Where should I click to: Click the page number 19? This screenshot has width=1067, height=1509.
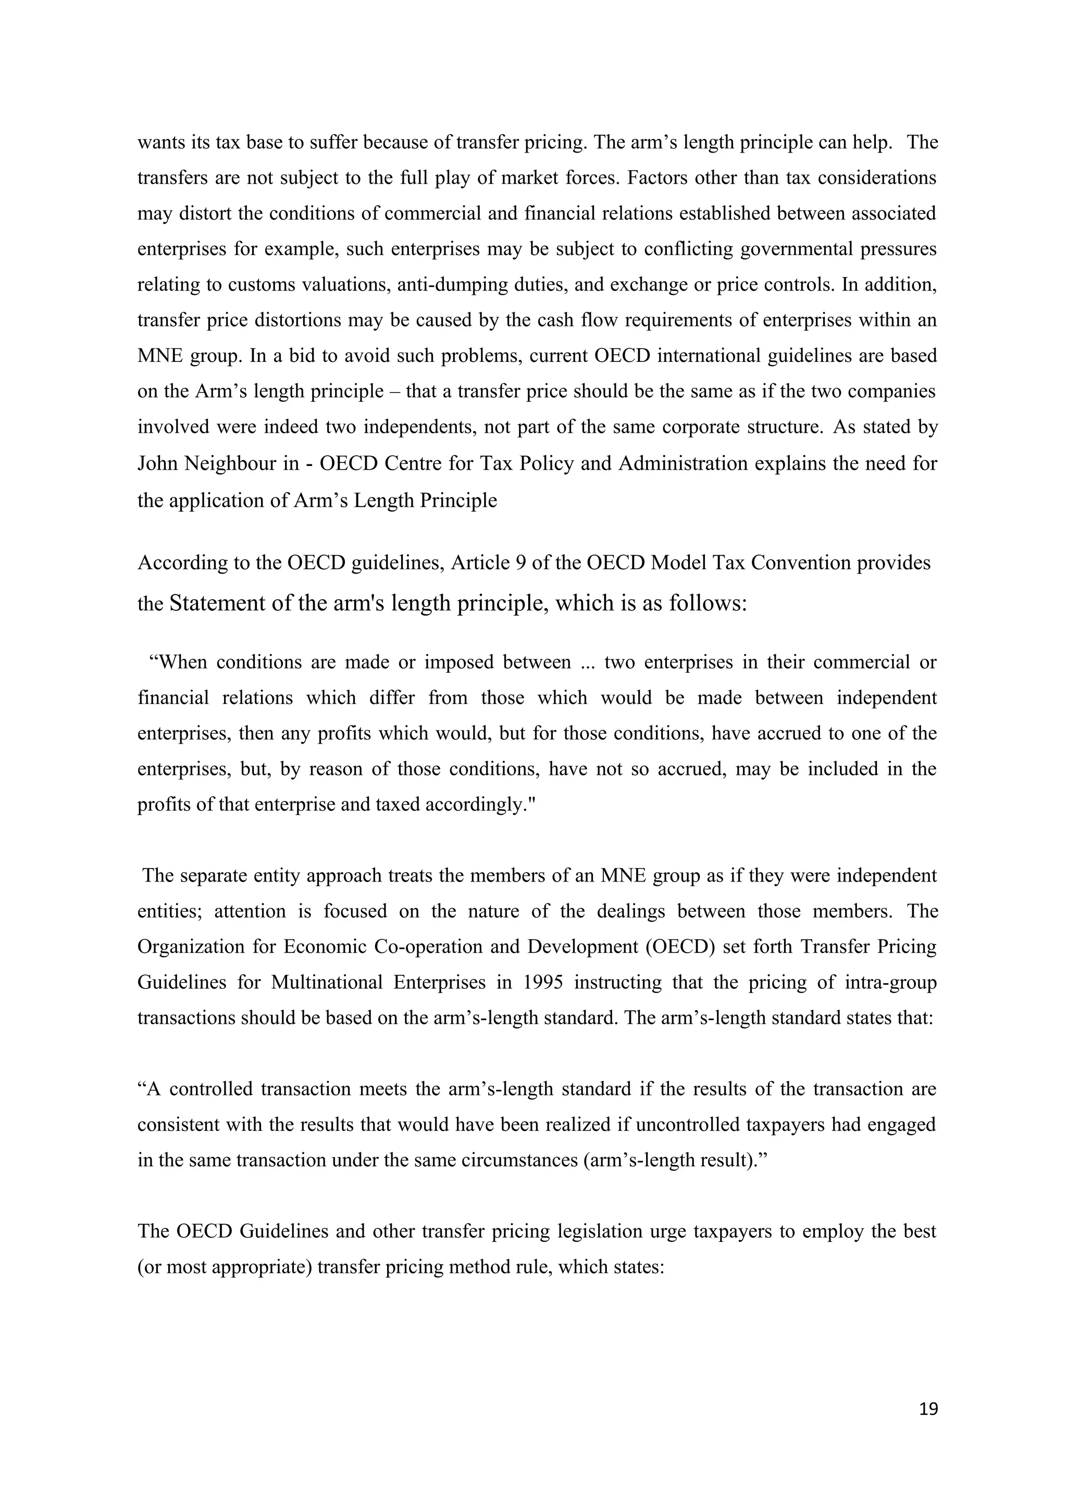[928, 1409]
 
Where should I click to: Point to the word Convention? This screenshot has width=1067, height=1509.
[807, 563]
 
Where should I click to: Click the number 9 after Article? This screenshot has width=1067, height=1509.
[520, 563]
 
